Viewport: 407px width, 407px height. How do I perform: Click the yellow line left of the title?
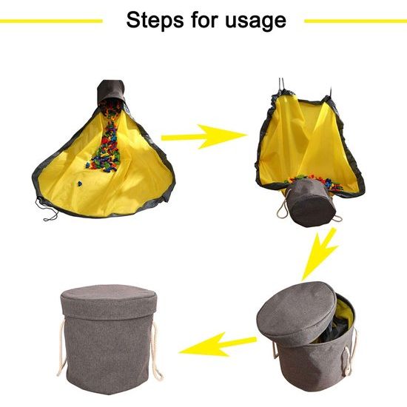51,21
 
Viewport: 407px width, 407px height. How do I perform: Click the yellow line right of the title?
354,21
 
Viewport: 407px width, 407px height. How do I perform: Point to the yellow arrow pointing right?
203,135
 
